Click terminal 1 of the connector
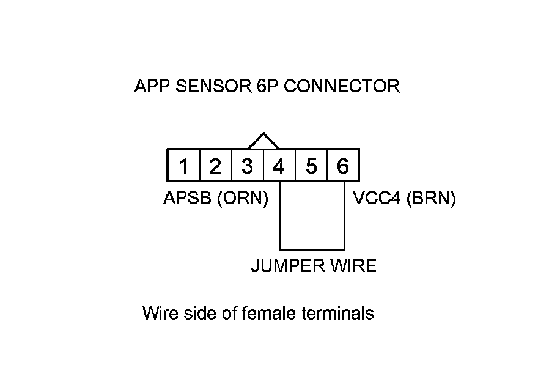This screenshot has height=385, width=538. click(183, 166)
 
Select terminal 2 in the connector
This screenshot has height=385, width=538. click(215, 166)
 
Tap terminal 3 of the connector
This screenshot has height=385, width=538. click(247, 166)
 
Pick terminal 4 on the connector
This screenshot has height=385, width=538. click(279, 166)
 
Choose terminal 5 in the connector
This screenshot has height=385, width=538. click(311, 166)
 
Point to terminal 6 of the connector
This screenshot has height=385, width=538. click(343, 166)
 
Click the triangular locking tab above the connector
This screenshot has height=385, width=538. click(263, 142)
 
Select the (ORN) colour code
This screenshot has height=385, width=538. click(243, 199)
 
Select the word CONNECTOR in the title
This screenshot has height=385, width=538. click(342, 86)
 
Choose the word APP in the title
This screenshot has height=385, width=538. click(152, 86)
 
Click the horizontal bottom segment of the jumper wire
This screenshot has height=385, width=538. click(312, 250)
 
